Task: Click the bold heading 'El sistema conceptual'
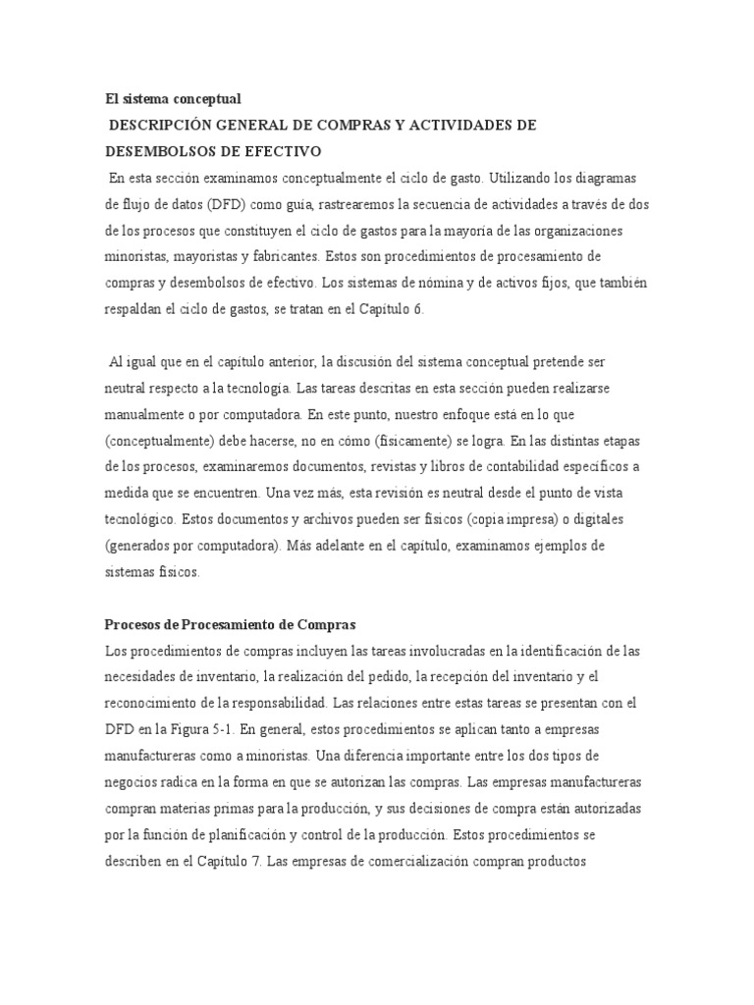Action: point(173,99)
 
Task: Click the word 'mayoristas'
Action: point(189,254)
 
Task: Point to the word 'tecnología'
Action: point(262,390)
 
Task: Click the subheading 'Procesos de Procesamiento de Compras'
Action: point(230,625)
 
